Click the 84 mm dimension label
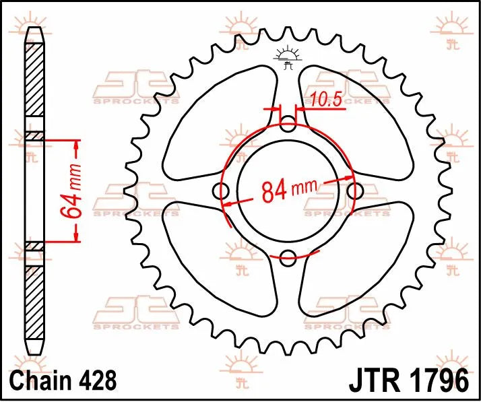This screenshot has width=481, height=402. click(x=288, y=191)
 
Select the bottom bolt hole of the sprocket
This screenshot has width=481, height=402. click(x=288, y=256)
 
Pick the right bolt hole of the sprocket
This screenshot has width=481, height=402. click(x=354, y=191)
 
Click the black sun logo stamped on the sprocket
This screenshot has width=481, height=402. click(x=288, y=57)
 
